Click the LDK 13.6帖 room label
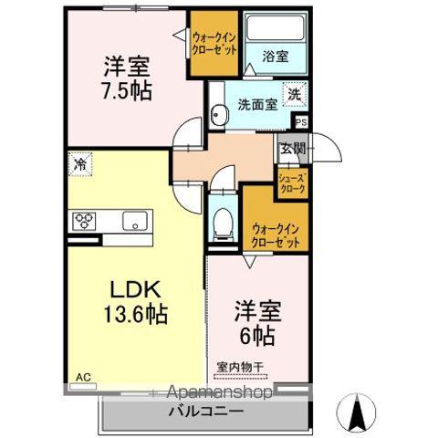pyautogui.click(x=137, y=303)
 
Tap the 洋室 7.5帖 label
pyautogui.click(x=126, y=78)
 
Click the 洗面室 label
pyautogui.click(x=257, y=104)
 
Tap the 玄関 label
pyautogui.click(x=292, y=149)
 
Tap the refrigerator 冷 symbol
pyautogui.click(x=80, y=165)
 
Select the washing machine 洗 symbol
pyautogui.click(x=295, y=92)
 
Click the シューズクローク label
pyautogui.click(x=292, y=182)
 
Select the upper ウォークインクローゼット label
pyautogui.click(x=215, y=44)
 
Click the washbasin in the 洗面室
pyautogui.click(x=219, y=113)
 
